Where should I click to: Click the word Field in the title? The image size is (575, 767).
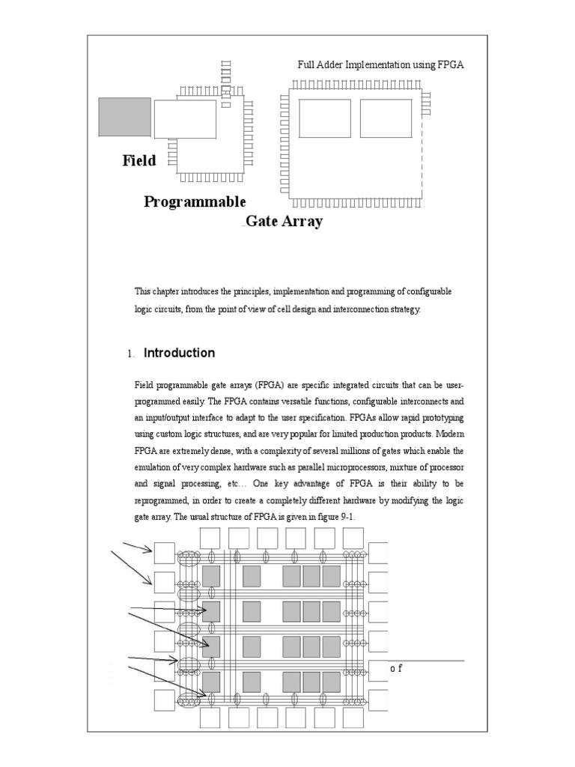coord(139,160)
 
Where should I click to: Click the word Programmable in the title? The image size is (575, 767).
coord(195,202)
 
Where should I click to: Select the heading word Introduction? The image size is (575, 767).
coord(179,353)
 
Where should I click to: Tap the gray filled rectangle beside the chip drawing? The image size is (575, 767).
coord(125,118)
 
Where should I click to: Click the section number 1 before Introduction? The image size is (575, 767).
coord(130,354)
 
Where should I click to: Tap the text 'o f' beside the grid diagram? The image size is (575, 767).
coord(397,668)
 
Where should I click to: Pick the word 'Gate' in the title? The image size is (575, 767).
coord(259,222)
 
